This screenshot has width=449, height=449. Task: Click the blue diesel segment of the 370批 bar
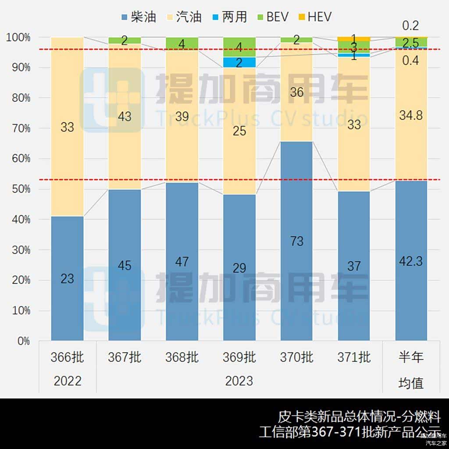(297, 241)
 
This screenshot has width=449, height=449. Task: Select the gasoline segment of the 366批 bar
(67, 127)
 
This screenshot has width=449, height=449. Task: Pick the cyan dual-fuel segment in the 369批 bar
(239, 62)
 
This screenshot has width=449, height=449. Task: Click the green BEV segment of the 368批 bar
(182, 43)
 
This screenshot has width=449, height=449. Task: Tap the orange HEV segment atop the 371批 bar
(354, 39)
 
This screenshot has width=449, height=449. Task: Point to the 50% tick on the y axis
(18, 189)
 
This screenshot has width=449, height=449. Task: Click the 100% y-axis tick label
(18, 38)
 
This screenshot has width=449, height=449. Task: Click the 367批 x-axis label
(125, 357)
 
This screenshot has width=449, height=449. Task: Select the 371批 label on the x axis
(354, 357)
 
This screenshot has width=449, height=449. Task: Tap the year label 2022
(68, 381)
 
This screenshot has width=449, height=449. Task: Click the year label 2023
(239, 381)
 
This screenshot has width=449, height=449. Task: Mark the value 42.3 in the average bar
(411, 261)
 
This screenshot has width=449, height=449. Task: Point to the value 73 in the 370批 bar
(297, 241)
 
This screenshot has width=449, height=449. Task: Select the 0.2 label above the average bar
(410, 25)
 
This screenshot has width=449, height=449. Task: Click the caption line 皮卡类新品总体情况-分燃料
(359, 417)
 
